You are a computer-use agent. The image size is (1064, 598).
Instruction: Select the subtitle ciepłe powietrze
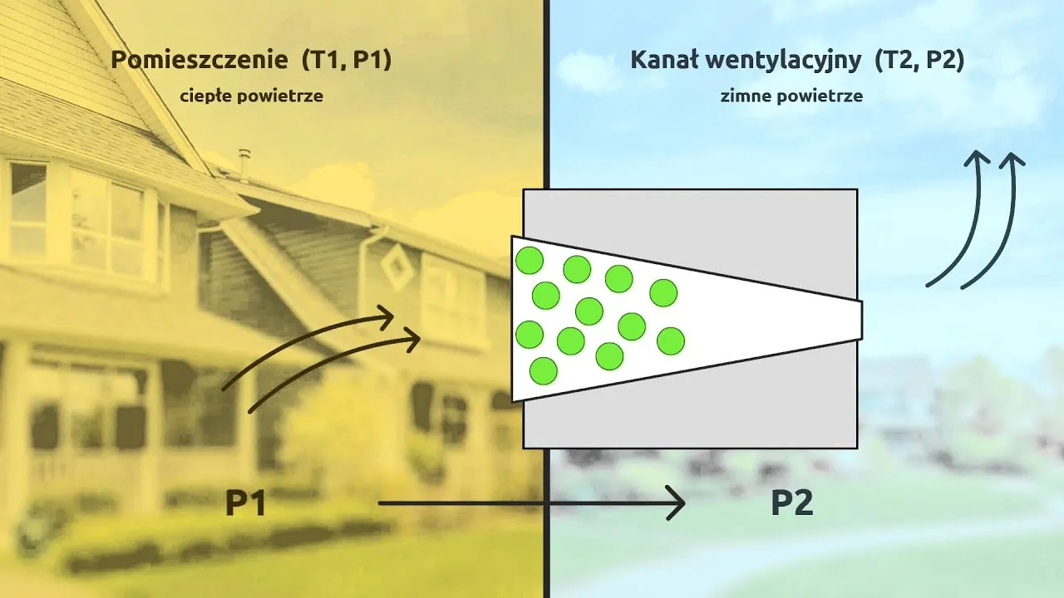point(251,96)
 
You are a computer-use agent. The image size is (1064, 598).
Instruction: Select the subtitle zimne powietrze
point(791,96)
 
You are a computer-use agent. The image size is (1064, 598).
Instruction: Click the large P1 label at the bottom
point(245,503)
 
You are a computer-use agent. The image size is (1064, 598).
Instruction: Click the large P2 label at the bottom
point(791,503)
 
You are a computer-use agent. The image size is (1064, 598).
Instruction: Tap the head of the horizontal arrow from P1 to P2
point(677,503)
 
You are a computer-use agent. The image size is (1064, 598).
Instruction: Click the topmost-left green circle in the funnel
point(529,261)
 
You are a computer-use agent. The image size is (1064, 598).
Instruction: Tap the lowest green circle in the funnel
point(543,370)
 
